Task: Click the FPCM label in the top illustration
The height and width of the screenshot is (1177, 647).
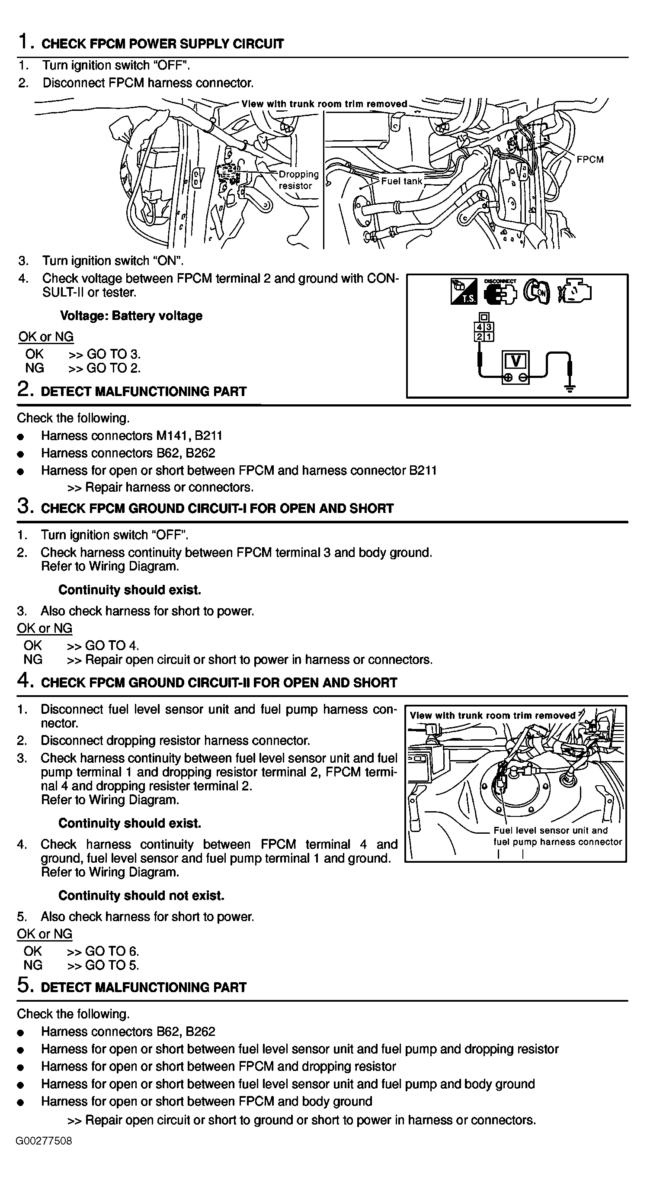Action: pos(590,159)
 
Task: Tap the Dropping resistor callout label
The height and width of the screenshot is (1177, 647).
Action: pos(298,180)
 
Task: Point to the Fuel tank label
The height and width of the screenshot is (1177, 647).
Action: pos(401,181)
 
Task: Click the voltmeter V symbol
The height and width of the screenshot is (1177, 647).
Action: pos(516,361)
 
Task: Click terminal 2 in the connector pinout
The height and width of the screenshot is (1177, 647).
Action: pos(480,337)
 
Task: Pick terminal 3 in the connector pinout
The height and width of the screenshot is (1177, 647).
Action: pos(489,327)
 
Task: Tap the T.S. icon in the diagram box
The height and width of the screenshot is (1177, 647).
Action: pos(464,291)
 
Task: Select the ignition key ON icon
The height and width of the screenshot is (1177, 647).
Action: pos(538,291)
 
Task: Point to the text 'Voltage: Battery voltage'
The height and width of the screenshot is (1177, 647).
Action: pos(131,316)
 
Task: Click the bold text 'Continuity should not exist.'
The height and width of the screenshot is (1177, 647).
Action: pos(141,895)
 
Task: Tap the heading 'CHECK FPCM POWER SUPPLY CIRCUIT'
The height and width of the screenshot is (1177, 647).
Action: pos(162,44)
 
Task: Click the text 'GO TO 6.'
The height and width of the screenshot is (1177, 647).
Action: pos(112,951)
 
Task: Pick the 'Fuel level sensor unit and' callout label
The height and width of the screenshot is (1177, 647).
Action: pos(550,830)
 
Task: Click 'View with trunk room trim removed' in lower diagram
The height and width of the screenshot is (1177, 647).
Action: pos(492,716)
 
